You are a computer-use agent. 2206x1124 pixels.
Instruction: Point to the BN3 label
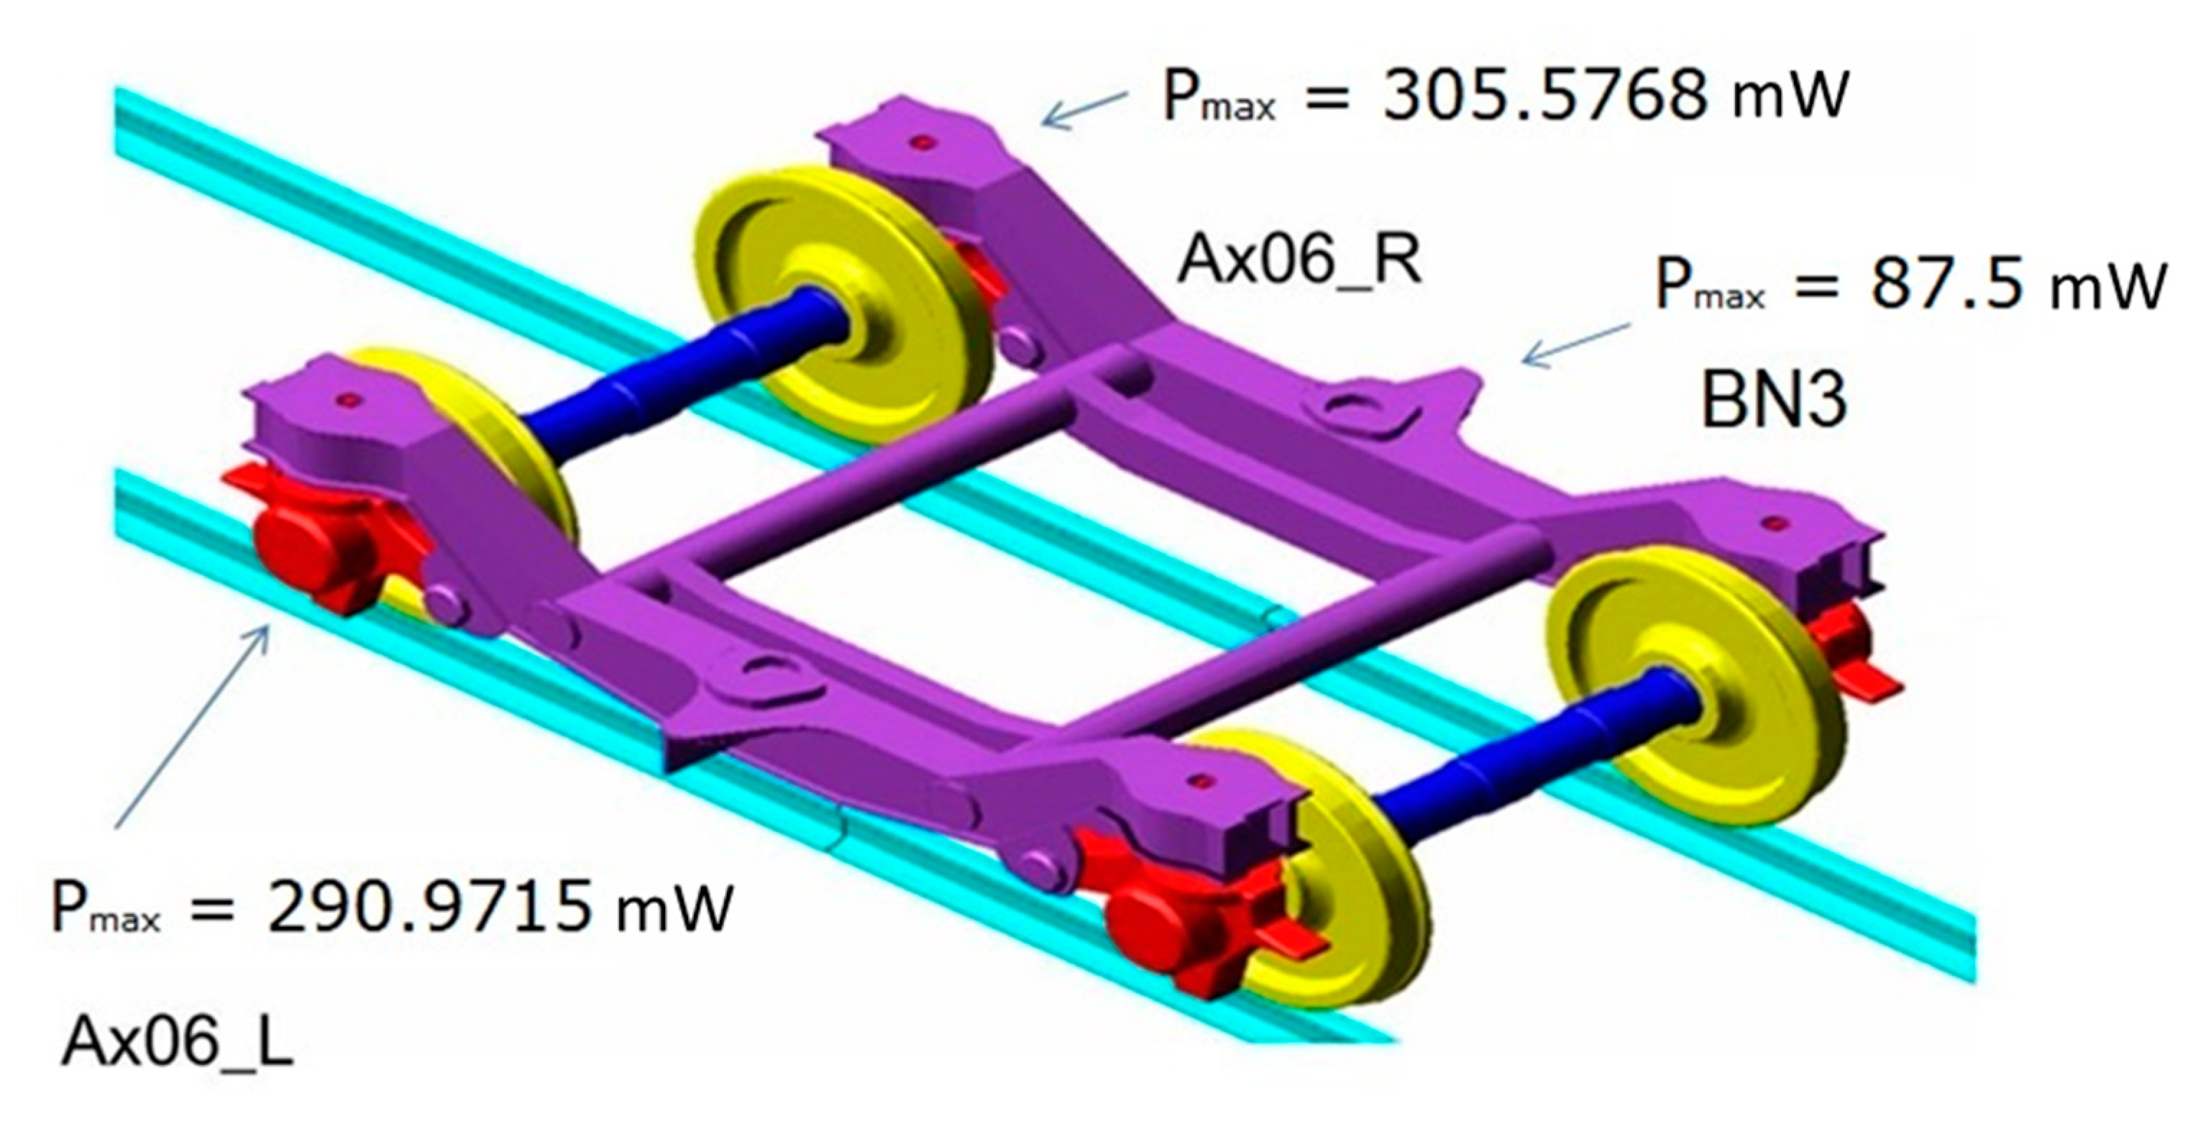point(1772,401)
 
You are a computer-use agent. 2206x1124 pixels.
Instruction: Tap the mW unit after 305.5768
point(1790,95)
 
